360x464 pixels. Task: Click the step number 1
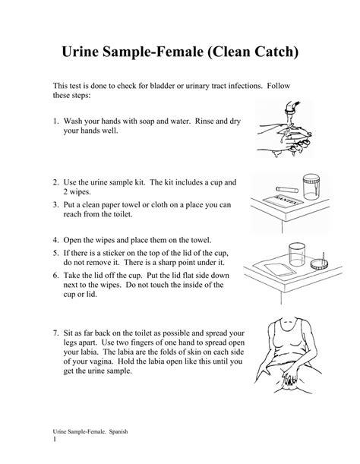point(55,121)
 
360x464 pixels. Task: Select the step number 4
point(55,238)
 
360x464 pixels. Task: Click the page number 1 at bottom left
point(55,440)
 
